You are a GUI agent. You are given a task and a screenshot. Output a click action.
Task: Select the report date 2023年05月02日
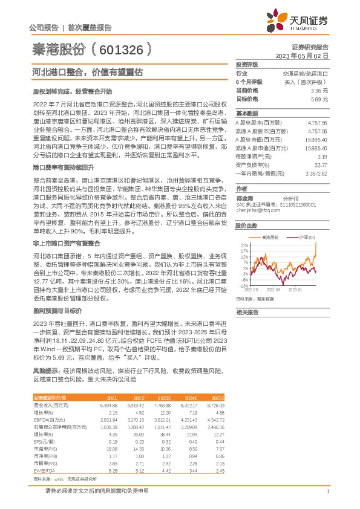(303, 55)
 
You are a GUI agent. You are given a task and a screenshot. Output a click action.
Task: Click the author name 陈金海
(245, 198)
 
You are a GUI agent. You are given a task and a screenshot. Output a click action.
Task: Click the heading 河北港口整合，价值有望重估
(87, 71)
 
